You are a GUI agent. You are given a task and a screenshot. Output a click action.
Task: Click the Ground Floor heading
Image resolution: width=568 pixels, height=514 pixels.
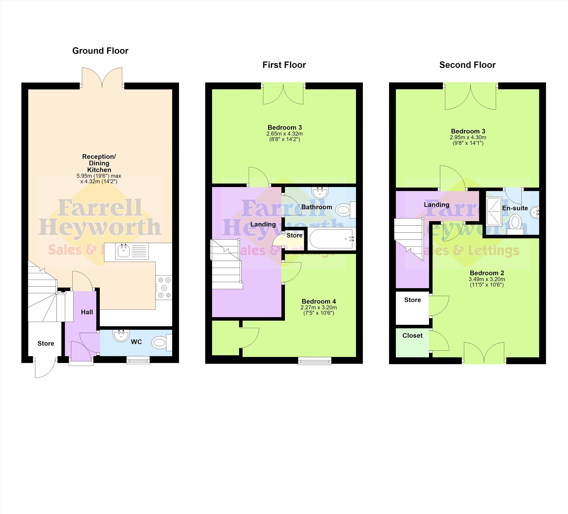click(100, 51)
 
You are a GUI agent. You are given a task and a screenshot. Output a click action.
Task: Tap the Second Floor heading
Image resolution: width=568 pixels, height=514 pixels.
click(467, 65)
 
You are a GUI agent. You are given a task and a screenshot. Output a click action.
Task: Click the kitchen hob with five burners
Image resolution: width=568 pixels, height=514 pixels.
click(164, 287)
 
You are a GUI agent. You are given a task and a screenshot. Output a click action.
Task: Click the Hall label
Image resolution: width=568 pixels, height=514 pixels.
click(87, 312)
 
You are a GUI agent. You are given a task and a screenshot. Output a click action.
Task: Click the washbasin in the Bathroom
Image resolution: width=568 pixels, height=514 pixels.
click(320, 193)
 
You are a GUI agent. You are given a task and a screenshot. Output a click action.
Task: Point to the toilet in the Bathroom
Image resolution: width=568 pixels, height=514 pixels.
click(346, 210)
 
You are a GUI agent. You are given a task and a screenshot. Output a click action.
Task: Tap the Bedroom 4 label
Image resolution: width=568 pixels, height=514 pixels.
click(319, 301)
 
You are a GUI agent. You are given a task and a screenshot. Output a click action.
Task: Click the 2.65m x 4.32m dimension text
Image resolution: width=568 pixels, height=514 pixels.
click(285, 134)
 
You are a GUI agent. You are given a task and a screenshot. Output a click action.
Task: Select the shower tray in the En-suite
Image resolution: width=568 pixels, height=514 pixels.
click(494, 211)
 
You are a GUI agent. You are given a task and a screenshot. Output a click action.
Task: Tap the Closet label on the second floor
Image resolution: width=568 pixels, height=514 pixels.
click(412, 336)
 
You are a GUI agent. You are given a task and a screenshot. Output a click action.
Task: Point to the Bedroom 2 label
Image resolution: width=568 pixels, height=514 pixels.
click(487, 273)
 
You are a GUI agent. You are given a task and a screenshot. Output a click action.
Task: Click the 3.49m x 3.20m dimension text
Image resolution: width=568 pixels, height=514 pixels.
click(487, 279)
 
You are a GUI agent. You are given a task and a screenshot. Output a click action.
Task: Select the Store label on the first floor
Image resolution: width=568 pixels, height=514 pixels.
click(294, 235)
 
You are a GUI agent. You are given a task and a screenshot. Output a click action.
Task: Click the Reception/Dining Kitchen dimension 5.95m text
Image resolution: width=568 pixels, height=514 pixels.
click(99, 176)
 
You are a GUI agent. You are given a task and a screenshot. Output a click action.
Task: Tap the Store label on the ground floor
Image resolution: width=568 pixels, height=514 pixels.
click(46, 343)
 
